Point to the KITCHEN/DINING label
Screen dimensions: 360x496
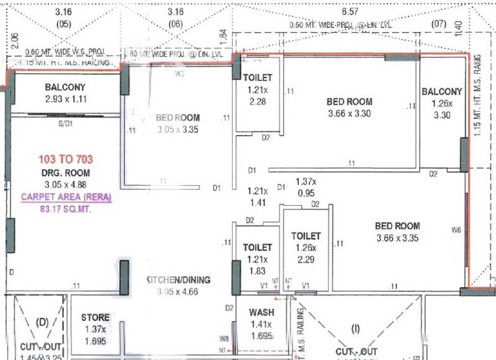point(178,280)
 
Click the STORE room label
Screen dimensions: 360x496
point(95,318)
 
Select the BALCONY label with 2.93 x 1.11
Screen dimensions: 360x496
point(65,87)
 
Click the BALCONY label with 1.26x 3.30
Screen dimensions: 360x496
point(442,92)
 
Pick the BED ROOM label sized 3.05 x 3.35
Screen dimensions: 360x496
point(178,118)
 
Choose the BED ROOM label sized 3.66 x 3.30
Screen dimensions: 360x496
point(350,102)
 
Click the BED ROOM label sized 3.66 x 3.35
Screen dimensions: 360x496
point(397,226)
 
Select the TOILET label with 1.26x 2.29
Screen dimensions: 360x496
point(306,236)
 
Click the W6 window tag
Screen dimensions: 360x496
point(456,230)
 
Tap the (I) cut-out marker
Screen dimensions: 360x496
point(355,327)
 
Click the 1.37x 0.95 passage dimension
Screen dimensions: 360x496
point(306,181)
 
